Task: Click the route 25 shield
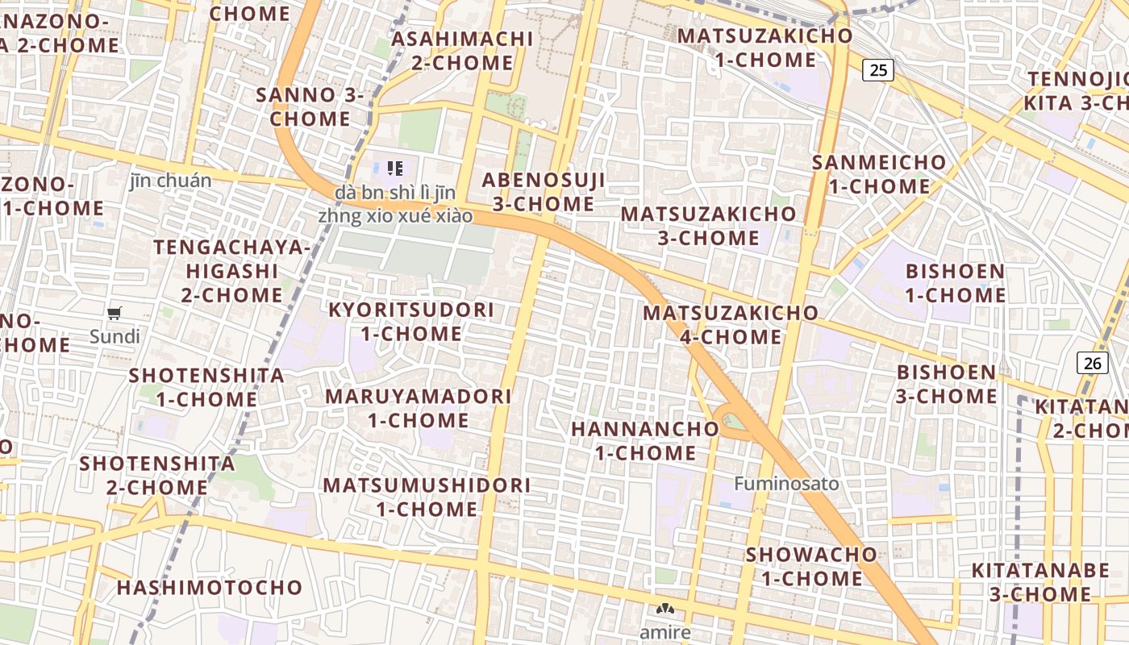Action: [x=878, y=70]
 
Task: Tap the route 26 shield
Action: [x=1092, y=363]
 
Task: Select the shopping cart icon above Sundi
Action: [x=115, y=313]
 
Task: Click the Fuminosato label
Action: [x=786, y=484]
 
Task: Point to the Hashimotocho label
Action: [x=209, y=587]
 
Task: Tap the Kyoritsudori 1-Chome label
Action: [x=410, y=321]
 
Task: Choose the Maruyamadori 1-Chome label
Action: [x=418, y=408]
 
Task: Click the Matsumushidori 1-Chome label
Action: [x=427, y=497]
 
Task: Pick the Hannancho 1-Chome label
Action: [x=645, y=440]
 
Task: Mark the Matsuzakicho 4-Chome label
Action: [x=731, y=324]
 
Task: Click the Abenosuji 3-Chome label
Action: [x=544, y=191]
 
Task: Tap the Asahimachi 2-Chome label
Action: [x=463, y=50]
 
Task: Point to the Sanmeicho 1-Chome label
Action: [x=879, y=173]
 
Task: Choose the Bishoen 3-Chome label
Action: [x=947, y=384]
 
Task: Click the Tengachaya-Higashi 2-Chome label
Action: [x=231, y=270]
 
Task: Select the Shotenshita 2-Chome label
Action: [x=157, y=475]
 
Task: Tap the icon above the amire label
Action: [x=665, y=610]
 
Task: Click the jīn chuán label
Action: [x=170, y=181]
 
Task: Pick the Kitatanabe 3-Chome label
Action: [x=1040, y=582]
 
